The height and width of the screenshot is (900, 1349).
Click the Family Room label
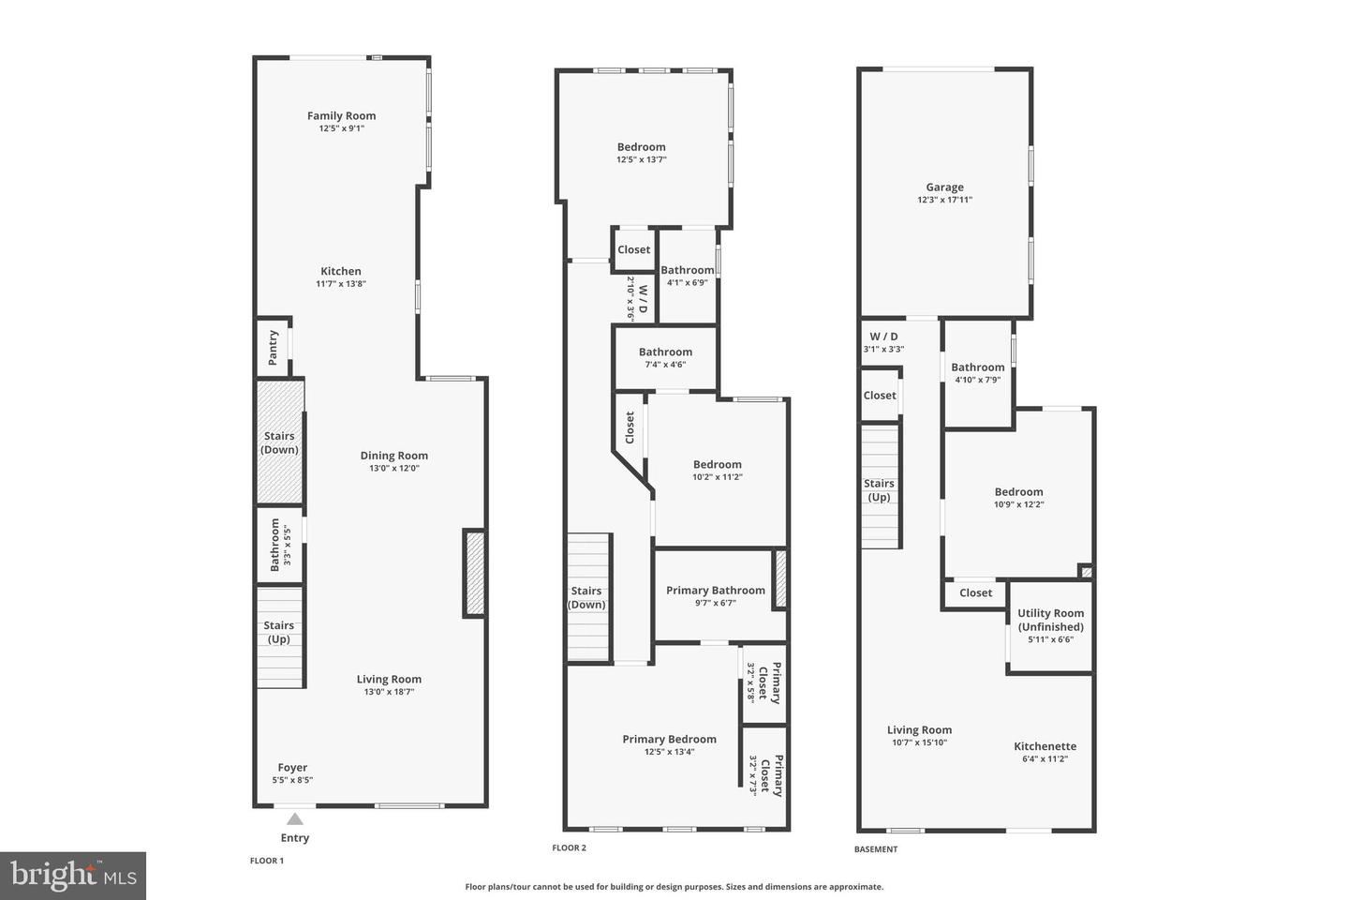[341, 116]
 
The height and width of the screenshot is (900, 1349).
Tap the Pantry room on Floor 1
[273, 347]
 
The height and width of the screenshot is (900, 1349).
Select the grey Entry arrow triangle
[294, 818]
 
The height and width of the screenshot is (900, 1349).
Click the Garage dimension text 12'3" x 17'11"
[944, 200]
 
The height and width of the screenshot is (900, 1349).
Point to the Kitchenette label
[1045, 746]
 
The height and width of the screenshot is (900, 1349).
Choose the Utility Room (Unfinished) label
[1050, 620]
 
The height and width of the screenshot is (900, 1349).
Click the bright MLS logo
[72, 876]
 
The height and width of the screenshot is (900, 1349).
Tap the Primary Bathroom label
[715, 591]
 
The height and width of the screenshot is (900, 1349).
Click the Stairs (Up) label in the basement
[879, 490]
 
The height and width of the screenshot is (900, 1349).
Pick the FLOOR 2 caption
[569, 847]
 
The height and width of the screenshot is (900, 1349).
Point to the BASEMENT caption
[875, 849]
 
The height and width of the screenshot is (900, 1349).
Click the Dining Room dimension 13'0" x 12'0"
[393, 468]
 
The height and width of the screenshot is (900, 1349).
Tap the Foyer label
[292, 767]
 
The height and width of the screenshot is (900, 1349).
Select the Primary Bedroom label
[669, 739]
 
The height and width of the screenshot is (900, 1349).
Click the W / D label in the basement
[883, 337]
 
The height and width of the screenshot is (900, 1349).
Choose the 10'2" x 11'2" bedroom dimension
[717, 476]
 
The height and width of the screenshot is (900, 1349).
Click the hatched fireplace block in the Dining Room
[475, 574]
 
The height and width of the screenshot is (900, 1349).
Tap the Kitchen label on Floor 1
[340, 271]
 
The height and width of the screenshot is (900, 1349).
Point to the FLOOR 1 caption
[266, 861]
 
